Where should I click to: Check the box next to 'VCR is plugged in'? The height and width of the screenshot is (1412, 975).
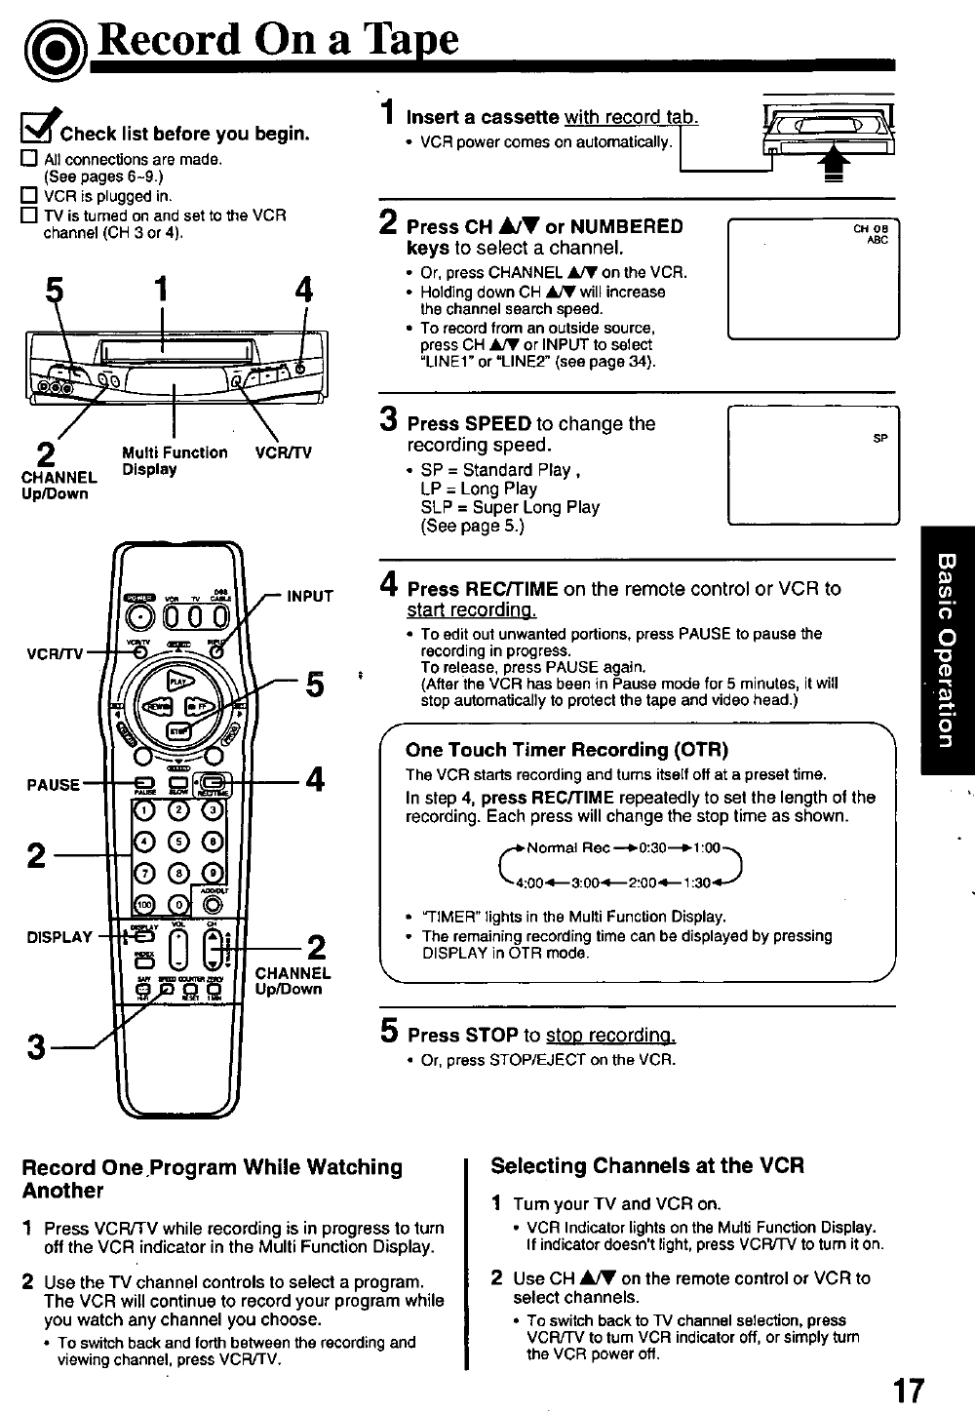(x=29, y=195)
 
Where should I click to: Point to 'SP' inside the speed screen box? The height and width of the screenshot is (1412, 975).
(x=879, y=439)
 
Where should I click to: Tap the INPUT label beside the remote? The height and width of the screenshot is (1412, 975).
(x=310, y=597)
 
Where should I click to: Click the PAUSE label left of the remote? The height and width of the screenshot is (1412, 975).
(x=54, y=784)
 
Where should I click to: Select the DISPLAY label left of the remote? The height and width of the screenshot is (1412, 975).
(x=59, y=938)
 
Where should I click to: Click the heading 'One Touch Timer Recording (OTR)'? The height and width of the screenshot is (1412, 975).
(x=566, y=750)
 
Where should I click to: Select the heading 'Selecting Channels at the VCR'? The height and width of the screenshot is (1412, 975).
(x=647, y=1165)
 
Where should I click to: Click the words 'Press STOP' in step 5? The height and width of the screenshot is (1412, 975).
(x=462, y=1035)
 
